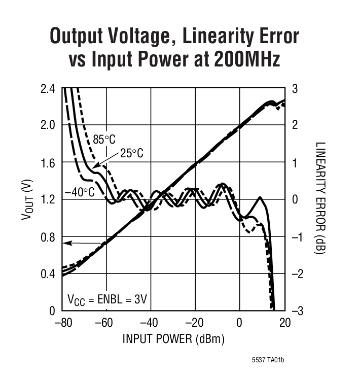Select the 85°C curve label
click(x=104, y=139)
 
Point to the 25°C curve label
click(x=131, y=153)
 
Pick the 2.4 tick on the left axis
click(x=47, y=89)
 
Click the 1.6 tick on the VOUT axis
click(x=47, y=163)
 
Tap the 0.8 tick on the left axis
click(x=47, y=236)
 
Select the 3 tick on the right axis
click(x=295, y=89)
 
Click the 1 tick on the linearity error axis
click(x=295, y=163)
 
